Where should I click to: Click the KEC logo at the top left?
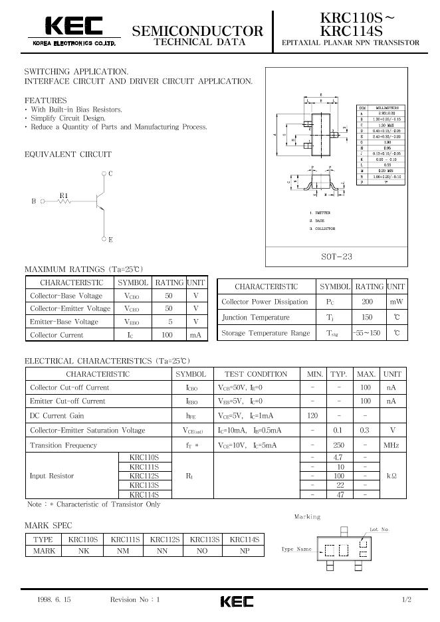coord(73,27)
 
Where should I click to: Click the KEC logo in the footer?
coord(237,601)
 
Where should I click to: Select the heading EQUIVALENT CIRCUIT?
coord(68,154)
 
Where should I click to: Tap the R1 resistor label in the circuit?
coord(64,195)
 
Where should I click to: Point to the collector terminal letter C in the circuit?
coord(110,173)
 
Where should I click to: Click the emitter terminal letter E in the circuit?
coord(110,239)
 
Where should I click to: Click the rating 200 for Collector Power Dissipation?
coord(368,301)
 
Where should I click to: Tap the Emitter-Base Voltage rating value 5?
coord(169,322)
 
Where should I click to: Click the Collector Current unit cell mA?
coord(195,336)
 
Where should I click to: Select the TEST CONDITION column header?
coord(256,374)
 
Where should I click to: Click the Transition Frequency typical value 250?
coord(338,445)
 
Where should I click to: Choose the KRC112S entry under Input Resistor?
coord(144,476)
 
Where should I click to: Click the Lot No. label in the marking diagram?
coord(378,530)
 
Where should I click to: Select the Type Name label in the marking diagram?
coord(296,550)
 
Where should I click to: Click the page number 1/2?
coord(407,600)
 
